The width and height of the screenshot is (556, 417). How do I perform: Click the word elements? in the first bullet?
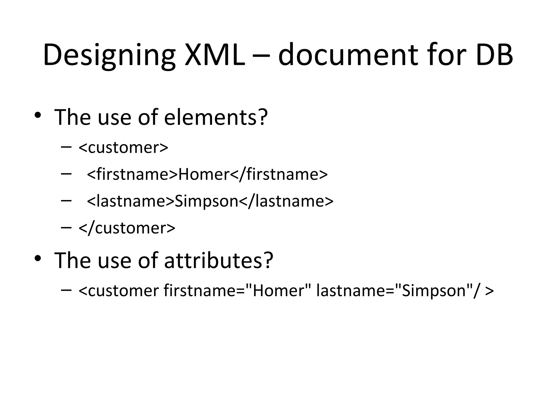click(216, 117)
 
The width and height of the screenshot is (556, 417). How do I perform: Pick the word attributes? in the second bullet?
click(219, 260)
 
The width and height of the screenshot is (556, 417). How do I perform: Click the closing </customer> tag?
click(127, 228)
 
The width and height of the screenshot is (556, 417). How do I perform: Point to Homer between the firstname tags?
click(204, 174)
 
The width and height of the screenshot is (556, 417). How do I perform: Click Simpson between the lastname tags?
click(206, 201)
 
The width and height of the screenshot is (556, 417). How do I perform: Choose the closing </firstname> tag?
click(279, 174)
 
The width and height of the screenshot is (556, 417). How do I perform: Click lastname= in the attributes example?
click(355, 290)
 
